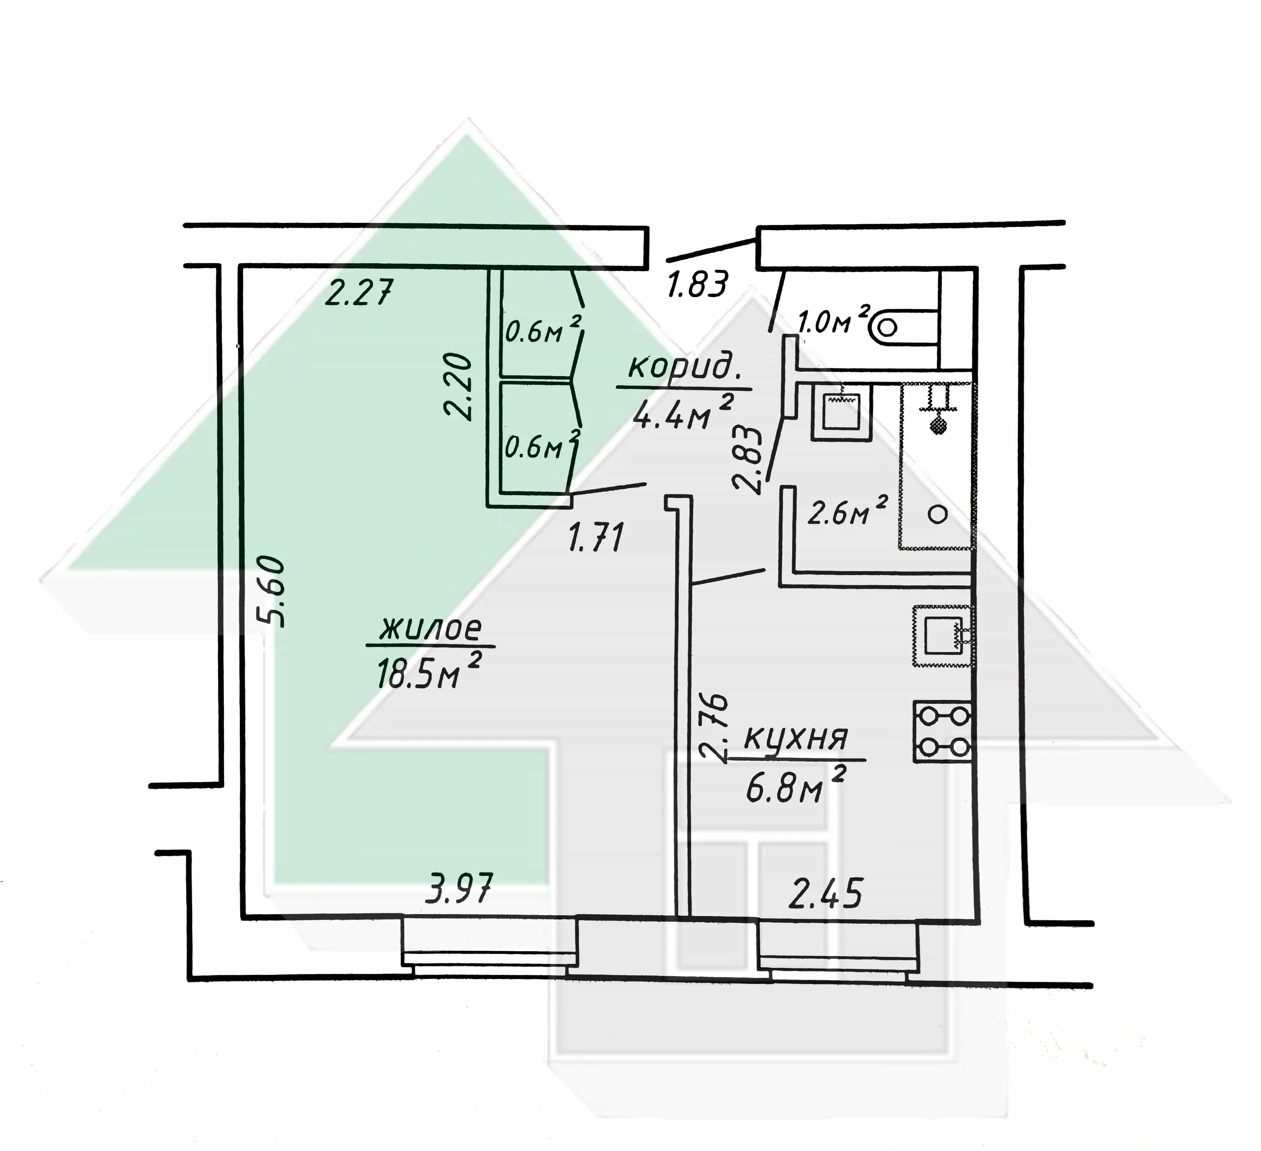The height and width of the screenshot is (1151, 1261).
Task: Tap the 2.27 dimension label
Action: (x=360, y=292)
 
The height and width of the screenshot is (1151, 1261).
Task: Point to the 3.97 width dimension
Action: (x=460, y=889)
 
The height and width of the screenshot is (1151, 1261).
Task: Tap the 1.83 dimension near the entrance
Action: (x=698, y=284)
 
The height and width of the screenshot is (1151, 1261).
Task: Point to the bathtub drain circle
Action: (x=937, y=514)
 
